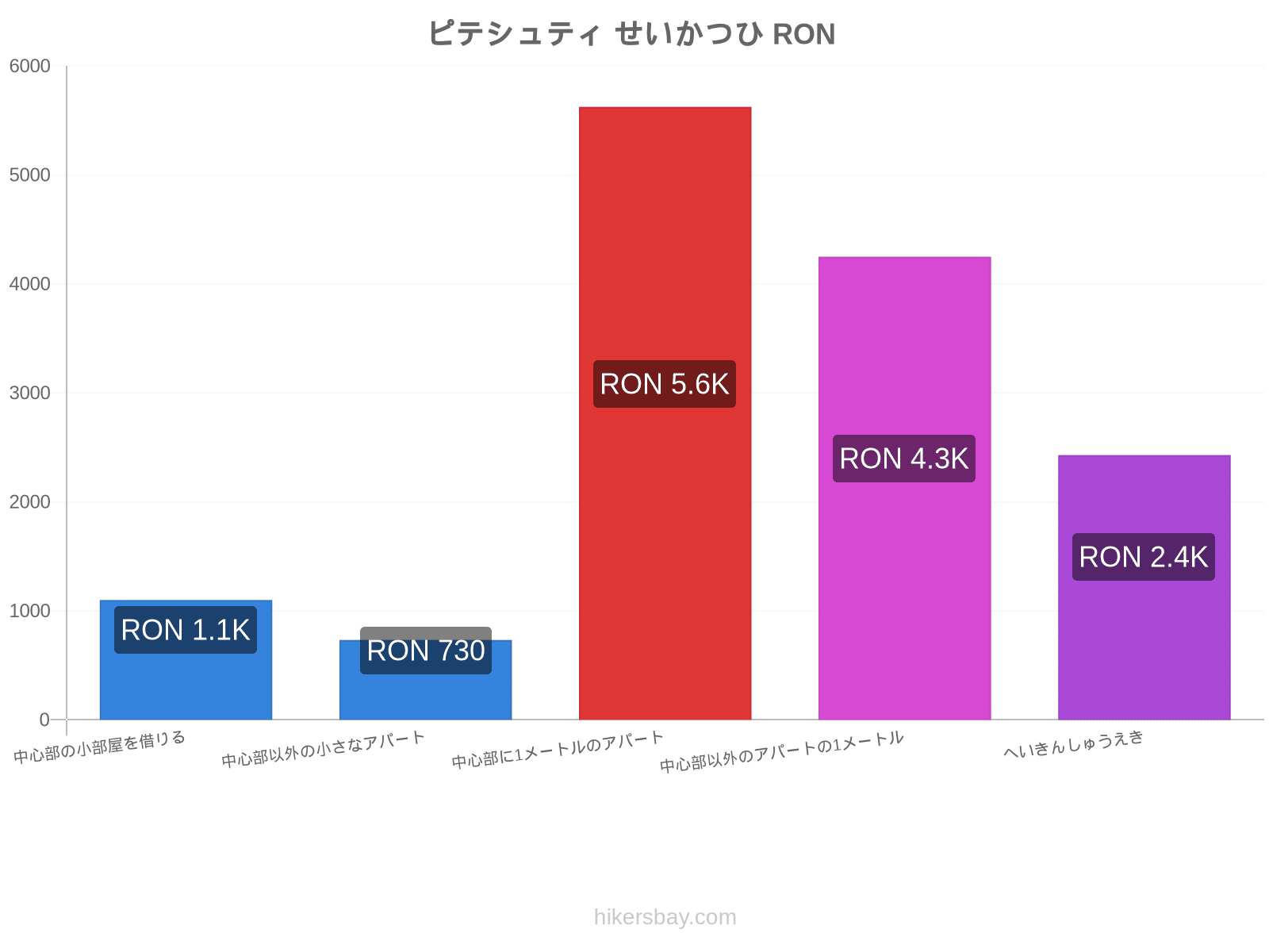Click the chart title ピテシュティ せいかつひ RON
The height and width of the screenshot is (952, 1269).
click(x=631, y=33)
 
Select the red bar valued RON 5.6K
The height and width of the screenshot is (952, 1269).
click(x=665, y=413)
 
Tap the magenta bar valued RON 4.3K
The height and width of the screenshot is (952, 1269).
click(x=904, y=489)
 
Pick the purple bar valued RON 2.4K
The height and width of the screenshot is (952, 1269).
click(x=1144, y=587)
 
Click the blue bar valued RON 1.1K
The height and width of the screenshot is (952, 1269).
click(x=186, y=660)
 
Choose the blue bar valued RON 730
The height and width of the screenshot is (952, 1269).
click(x=425, y=680)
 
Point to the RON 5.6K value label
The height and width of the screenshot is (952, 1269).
click(x=665, y=385)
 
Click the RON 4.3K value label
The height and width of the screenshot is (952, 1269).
click(x=903, y=459)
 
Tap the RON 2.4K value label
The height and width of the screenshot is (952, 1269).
click(x=1144, y=557)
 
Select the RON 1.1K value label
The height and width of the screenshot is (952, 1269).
click(x=186, y=630)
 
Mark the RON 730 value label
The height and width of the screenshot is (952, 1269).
click(x=425, y=651)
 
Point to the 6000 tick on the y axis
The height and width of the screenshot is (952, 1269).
click(x=29, y=66)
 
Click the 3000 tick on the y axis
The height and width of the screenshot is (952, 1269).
click(x=29, y=393)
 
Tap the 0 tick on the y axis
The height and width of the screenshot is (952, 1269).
click(x=44, y=720)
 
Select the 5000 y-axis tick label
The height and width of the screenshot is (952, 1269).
click(x=29, y=175)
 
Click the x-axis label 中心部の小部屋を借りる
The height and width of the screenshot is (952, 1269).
click(x=99, y=747)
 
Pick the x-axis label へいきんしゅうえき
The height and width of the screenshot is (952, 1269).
click(x=1074, y=744)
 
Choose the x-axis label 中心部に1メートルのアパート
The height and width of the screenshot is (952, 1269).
click(x=558, y=750)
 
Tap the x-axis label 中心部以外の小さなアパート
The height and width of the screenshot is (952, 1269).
click(x=323, y=749)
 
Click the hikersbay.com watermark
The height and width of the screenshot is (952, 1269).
click(x=665, y=917)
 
